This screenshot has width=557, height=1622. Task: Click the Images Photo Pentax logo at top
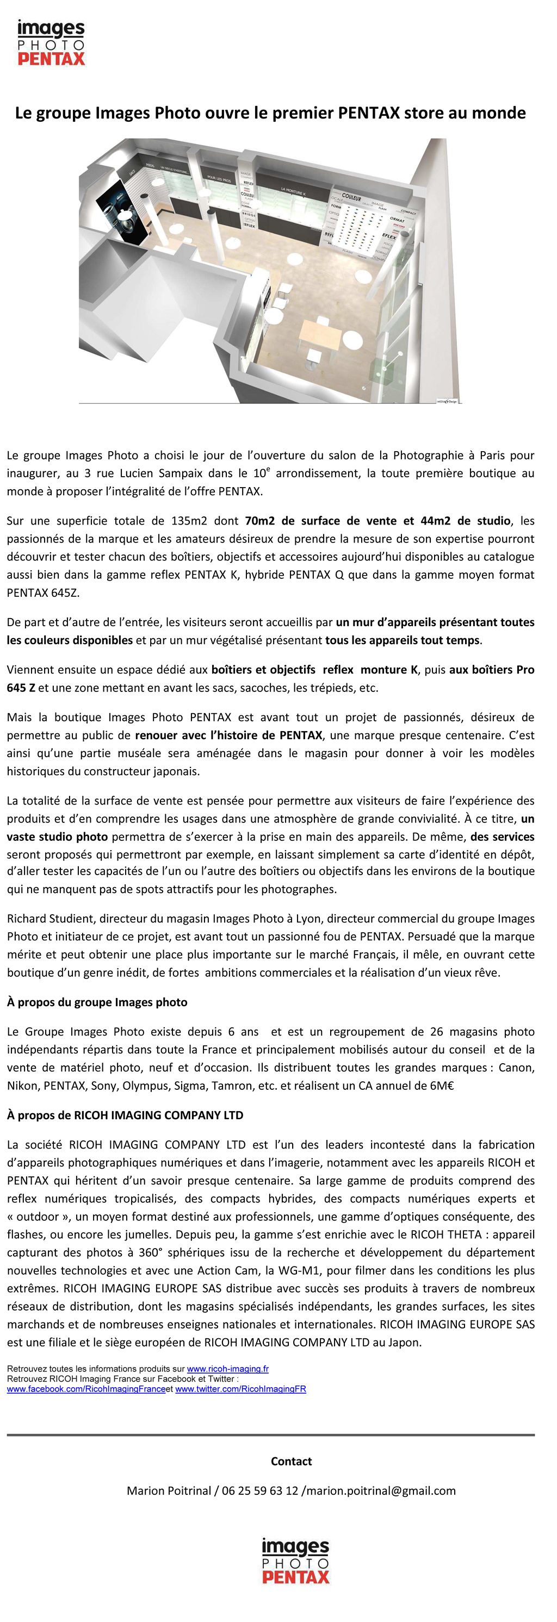coord(51,43)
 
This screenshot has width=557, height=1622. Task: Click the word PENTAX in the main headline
coord(369,114)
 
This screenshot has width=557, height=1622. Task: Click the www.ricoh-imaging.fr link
coord(227,1369)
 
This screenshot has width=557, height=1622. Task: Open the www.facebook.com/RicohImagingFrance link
coord(86,1389)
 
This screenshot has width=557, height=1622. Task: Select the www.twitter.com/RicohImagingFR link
coord(240,1389)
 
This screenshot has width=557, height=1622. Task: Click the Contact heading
coord(291,1461)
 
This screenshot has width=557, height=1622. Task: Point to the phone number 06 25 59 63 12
coord(259,1490)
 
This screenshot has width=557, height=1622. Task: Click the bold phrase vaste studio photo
coord(57,836)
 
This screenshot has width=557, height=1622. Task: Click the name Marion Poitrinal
coord(169,1490)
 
